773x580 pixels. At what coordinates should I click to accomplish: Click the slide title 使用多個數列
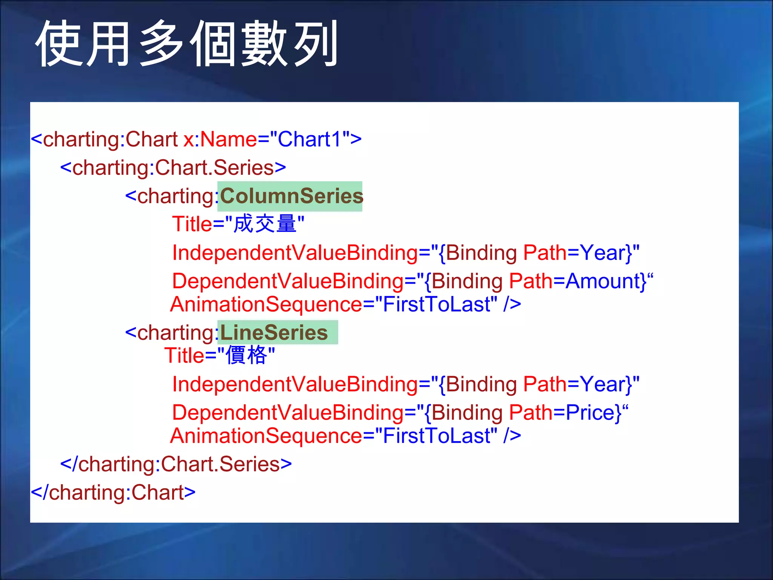(187, 43)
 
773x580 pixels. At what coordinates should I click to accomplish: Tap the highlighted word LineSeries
(274, 333)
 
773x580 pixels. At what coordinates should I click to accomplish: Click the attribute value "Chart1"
(310, 139)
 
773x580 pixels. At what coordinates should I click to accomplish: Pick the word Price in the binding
(590, 412)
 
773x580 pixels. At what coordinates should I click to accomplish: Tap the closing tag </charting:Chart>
(113, 492)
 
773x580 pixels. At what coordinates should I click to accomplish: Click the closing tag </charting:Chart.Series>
(176, 464)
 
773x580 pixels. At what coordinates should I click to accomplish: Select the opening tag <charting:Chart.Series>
(173, 168)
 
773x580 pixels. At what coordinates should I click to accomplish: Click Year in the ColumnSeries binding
(602, 253)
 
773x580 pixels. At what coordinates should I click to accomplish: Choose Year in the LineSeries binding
(602, 384)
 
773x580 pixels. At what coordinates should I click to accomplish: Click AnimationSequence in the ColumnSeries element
(266, 304)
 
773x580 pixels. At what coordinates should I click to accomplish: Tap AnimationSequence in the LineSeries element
(266, 436)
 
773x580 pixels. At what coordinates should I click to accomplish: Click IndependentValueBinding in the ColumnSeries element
(295, 253)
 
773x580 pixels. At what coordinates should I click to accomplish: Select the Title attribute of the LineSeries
(184, 356)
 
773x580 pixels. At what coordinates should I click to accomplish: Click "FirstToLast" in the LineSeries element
(436, 436)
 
